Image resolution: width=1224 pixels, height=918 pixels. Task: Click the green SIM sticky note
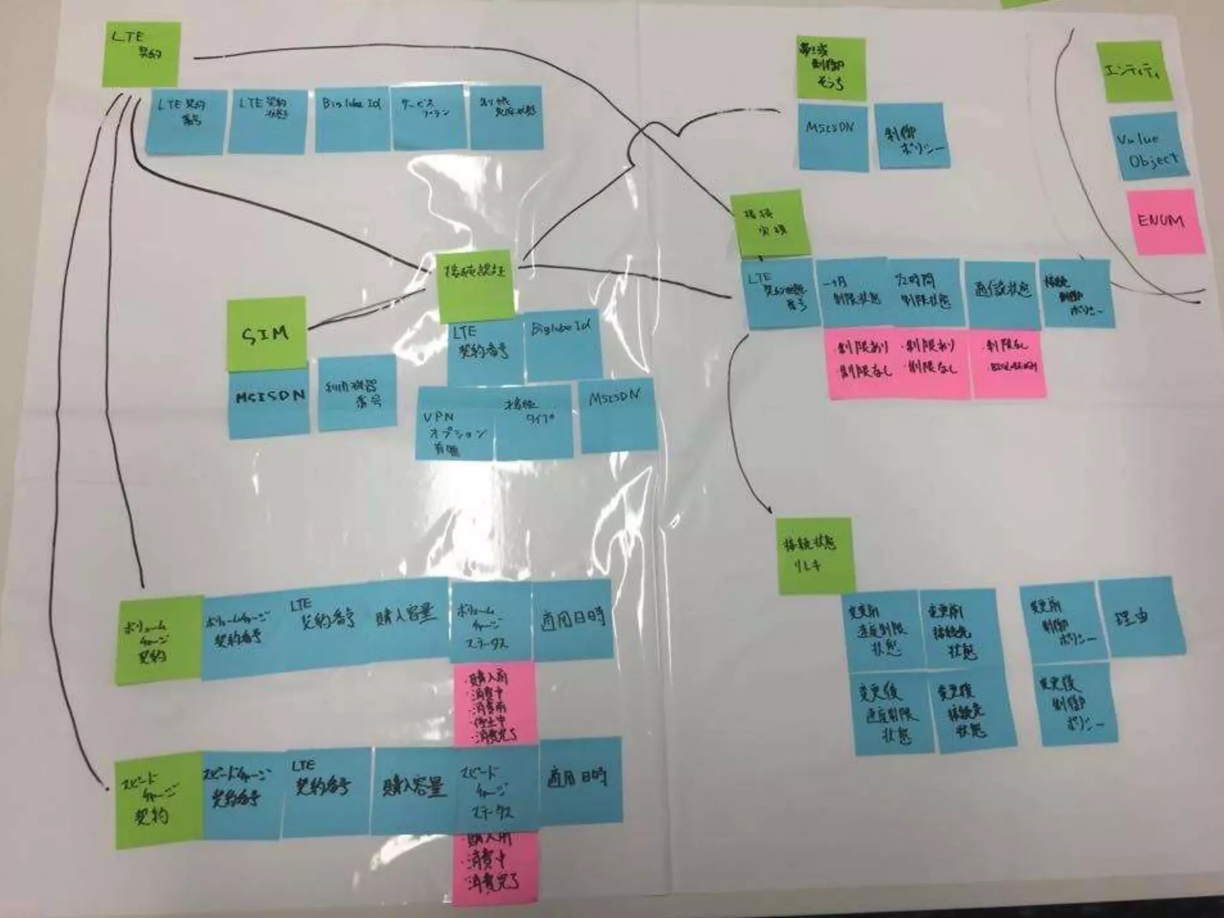(x=266, y=334)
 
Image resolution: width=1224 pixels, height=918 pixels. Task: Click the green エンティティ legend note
(x=1134, y=72)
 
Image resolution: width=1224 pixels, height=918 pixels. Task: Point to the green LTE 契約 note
(x=141, y=54)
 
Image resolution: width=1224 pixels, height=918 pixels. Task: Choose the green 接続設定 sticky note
(x=476, y=286)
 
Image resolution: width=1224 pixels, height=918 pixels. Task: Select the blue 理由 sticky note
(x=1134, y=619)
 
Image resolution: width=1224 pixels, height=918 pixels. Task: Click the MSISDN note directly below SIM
(x=270, y=403)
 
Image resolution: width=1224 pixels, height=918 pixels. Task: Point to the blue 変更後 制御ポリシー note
(x=1076, y=705)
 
